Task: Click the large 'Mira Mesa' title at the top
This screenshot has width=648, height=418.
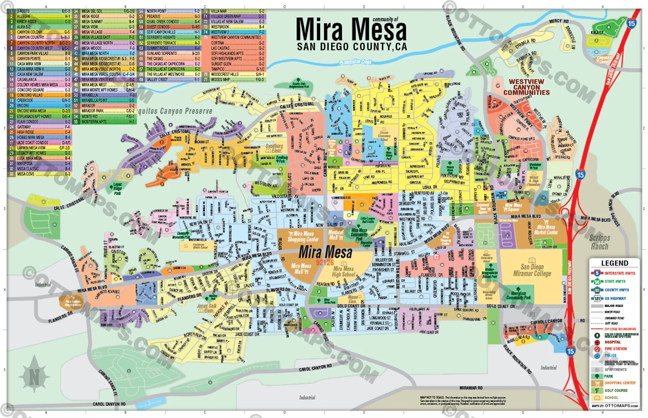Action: tap(351, 30)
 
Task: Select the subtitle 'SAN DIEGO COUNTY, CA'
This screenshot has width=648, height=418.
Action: tap(352, 47)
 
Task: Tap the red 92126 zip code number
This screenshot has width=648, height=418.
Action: tap(324, 262)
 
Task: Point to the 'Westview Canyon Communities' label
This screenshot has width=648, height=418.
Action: tap(526, 87)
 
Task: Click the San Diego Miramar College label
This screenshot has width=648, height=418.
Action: tap(536, 270)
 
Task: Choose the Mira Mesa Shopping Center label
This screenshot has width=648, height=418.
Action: tap(303, 237)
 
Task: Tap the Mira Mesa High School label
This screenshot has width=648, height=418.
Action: tap(343, 272)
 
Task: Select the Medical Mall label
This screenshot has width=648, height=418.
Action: tap(336, 235)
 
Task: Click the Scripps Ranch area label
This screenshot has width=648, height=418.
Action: tap(599, 242)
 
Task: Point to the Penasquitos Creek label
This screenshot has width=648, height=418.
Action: tap(355, 62)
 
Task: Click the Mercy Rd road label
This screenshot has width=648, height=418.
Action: tap(559, 21)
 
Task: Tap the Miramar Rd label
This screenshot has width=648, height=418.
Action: tap(471, 388)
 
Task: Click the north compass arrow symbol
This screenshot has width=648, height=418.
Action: tap(34, 376)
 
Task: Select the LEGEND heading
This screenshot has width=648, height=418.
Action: tap(614, 263)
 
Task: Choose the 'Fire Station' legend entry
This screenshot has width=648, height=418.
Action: tap(615, 349)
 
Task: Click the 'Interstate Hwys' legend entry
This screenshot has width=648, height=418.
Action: tap(619, 274)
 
